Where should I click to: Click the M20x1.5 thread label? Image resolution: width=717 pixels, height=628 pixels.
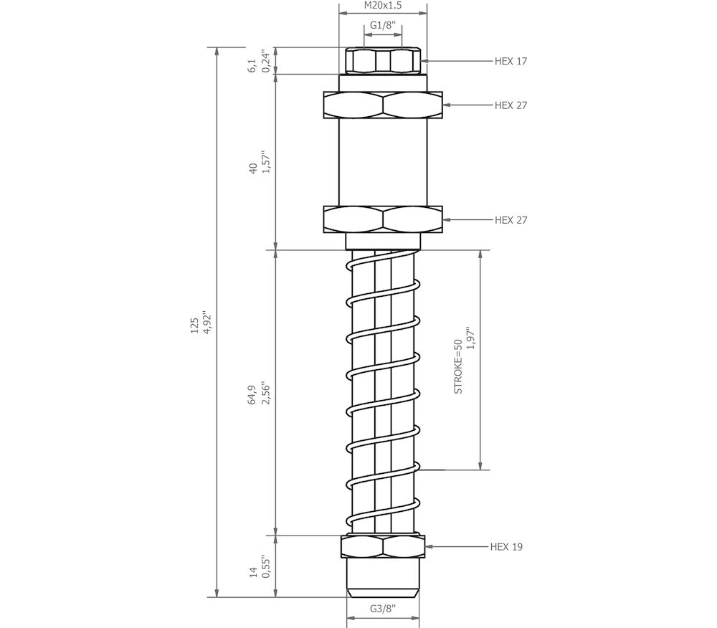(383, 6)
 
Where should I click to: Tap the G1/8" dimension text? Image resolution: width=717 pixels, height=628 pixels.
(383, 25)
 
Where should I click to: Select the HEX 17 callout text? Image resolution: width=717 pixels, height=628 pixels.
(511, 61)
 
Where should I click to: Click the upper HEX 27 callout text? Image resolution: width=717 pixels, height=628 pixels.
(511, 105)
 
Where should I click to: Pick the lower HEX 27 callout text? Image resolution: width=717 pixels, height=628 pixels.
(511, 220)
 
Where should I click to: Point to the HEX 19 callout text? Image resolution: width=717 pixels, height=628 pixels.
(506, 547)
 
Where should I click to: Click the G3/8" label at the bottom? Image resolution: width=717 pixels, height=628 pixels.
(383, 609)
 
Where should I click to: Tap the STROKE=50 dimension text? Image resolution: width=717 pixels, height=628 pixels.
(458, 366)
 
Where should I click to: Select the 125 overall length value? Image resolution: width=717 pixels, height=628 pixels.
(195, 325)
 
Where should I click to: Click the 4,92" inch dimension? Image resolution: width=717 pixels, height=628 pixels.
(208, 323)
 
